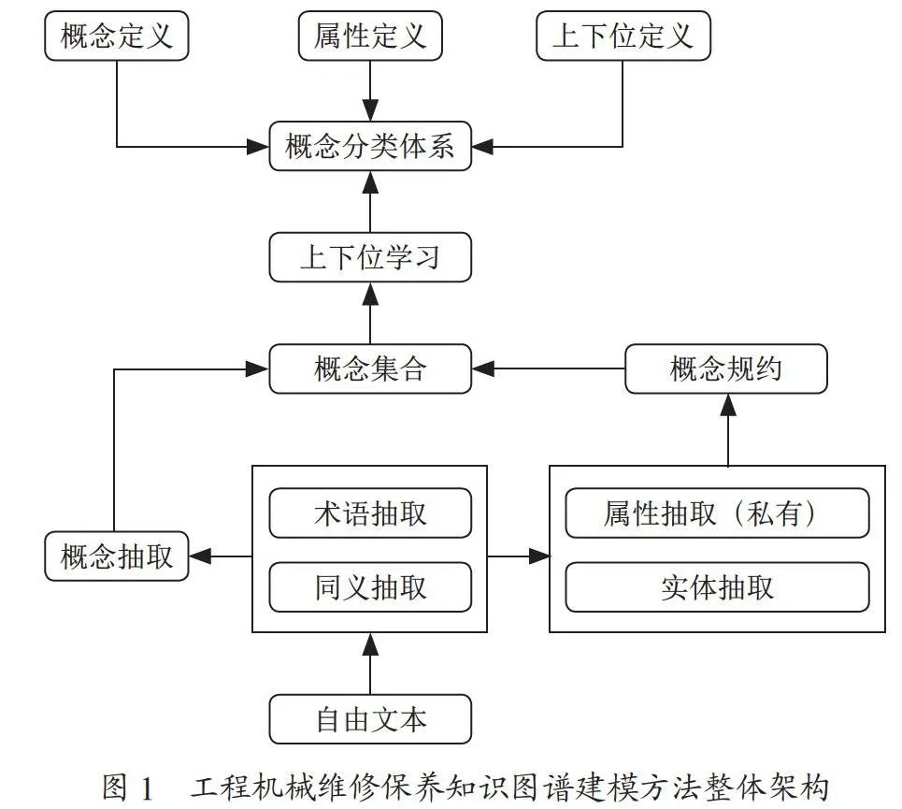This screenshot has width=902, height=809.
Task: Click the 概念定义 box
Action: point(117,36)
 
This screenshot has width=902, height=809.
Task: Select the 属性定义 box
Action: point(370,36)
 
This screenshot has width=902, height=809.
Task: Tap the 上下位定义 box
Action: point(623,36)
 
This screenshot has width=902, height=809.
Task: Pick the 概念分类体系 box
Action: point(370,146)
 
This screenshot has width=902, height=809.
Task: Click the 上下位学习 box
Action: point(370,257)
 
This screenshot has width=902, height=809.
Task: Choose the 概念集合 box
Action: point(370,368)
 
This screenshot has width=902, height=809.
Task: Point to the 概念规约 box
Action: point(726,368)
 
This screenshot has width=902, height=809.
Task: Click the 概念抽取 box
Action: point(117,556)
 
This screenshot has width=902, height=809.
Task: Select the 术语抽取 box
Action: point(370,513)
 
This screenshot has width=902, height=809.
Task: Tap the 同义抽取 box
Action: point(370,587)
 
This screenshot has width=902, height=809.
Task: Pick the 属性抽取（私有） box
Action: point(717,513)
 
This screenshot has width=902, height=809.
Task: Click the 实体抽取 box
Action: point(717,587)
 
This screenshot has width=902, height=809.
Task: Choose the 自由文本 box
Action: point(370,719)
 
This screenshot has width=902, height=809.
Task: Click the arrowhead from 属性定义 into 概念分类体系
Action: point(370,110)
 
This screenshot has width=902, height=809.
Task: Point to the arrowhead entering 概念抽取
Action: point(200,556)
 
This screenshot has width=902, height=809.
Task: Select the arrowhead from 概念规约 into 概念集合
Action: point(482,368)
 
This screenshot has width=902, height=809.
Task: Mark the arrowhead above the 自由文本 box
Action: point(370,643)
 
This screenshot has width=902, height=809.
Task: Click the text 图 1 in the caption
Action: point(128,787)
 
